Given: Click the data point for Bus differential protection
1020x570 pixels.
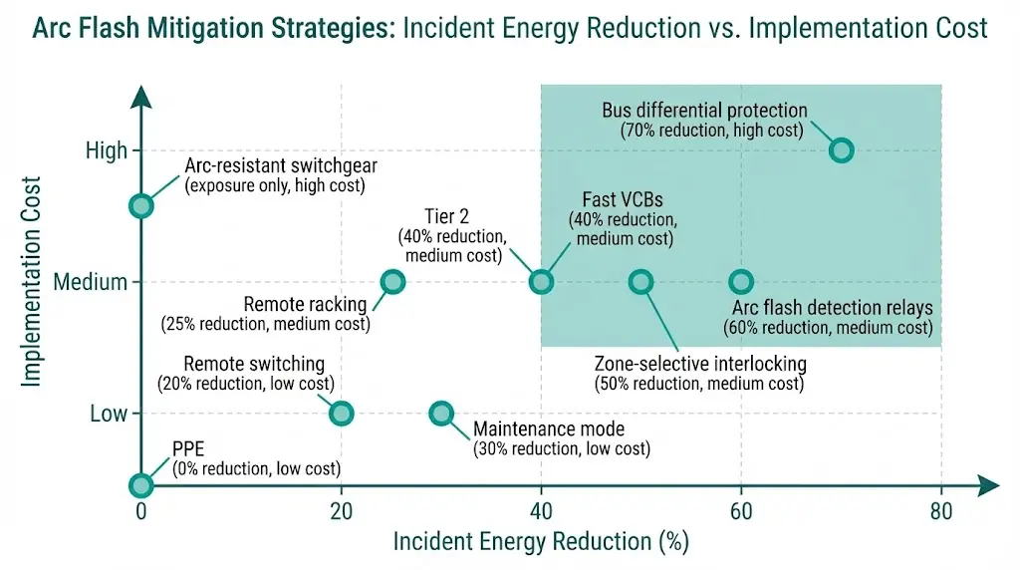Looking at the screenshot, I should pyautogui.click(x=841, y=150).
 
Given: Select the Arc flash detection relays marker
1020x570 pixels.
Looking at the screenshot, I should pyautogui.click(x=740, y=282).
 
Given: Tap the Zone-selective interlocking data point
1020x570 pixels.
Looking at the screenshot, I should pyautogui.click(x=640, y=282).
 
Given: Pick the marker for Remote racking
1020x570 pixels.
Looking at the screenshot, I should pyautogui.click(x=392, y=282).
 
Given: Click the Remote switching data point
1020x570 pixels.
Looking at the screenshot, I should pyautogui.click(x=341, y=414).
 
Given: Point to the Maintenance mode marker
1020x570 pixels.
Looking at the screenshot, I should pyautogui.click(x=440, y=414).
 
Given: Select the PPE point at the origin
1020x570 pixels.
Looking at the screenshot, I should pyautogui.click(x=141, y=485).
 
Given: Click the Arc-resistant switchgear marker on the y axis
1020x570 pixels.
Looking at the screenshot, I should pyautogui.click(x=141, y=206).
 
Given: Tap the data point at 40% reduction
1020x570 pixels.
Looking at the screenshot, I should pyautogui.click(x=540, y=282).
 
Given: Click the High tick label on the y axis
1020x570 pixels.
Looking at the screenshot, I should pyautogui.click(x=107, y=151).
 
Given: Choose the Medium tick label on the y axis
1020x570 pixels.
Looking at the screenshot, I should pyautogui.click(x=91, y=282).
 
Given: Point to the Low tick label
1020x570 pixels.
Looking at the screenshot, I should pyautogui.click(x=109, y=414).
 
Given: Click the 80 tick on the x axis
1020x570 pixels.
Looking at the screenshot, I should pyautogui.click(x=940, y=512).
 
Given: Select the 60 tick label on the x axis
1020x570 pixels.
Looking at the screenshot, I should pyautogui.click(x=740, y=512).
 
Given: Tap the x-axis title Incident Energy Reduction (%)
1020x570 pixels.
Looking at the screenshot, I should pyautogui.click(x=541, y=543).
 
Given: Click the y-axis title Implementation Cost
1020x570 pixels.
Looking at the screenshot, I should pyautogui.click(x=31, y=282).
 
